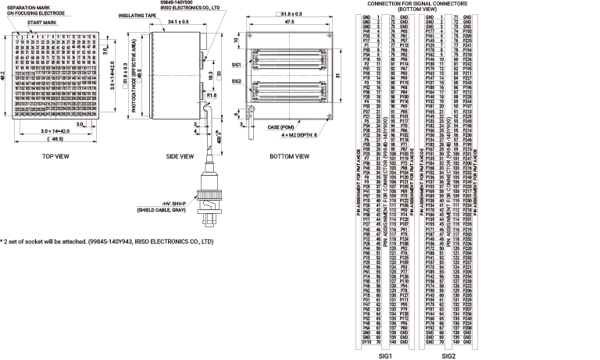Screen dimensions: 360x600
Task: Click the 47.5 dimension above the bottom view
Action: point(291,23)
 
